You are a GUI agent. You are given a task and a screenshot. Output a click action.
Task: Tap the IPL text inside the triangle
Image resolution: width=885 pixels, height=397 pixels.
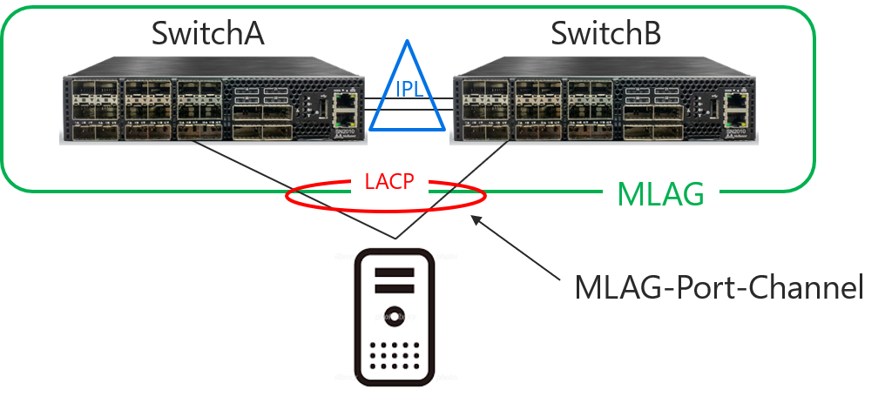pos(411,90)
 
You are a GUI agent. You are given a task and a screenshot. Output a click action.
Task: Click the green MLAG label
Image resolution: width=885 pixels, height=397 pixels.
pos(660,194)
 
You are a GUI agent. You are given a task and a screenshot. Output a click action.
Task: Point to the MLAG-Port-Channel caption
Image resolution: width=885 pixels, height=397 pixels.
pos(719,288)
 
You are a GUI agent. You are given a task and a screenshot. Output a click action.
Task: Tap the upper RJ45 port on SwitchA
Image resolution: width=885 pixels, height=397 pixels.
pos(346,100)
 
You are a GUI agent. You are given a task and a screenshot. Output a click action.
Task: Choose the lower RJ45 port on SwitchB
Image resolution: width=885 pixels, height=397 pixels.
pos(736,118)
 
